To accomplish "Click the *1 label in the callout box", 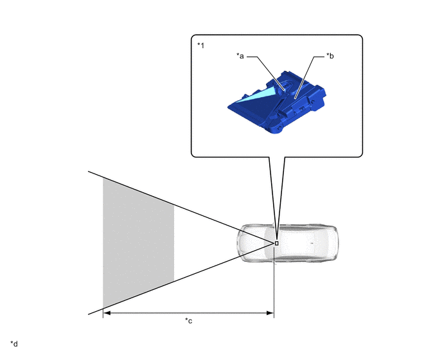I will point(200,46).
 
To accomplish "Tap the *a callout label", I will point(239,56).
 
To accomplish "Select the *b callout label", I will point(330,56).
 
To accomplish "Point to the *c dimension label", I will point(189,321).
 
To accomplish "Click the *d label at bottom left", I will point(14,344).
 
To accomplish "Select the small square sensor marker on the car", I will point(276,243).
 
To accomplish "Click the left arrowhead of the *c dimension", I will point(107,313).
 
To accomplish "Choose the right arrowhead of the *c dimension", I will point(271,313).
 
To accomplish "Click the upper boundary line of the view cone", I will point(180,205).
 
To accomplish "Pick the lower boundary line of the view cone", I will point(180,280).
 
